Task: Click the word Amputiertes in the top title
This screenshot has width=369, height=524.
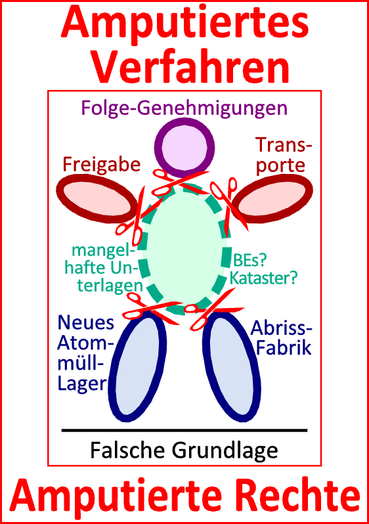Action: click(185, 24)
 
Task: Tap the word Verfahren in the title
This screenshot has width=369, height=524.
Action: click(185, 66)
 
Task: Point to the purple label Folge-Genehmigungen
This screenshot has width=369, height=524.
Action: click(185, 106)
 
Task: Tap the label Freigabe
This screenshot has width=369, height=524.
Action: click(101, 164)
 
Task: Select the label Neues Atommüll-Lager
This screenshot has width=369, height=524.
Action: click(84, 353)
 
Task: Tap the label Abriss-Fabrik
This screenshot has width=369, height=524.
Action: click(284, 338)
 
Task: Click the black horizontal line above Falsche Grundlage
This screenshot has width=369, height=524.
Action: click(185, 431)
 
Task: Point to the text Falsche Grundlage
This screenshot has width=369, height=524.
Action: click(185, 450)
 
